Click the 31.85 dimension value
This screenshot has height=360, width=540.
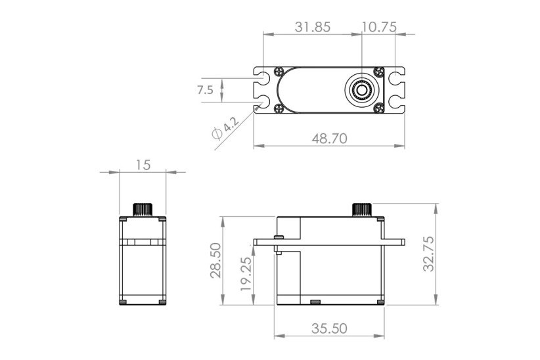312,27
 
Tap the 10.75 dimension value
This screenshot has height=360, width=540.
378,27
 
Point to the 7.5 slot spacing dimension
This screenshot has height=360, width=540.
205,90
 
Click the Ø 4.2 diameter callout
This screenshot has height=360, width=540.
223,128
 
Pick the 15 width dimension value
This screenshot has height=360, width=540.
143,165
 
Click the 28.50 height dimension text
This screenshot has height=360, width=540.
216,259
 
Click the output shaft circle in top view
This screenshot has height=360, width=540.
362,89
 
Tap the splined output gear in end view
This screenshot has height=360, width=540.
143,210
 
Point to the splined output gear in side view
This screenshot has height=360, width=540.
362,210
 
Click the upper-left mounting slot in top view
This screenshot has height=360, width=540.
263,77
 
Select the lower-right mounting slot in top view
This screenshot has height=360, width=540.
396,102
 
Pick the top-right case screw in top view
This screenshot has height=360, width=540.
378,72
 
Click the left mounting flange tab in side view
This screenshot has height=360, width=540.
265,242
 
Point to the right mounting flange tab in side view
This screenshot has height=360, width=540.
394,242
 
